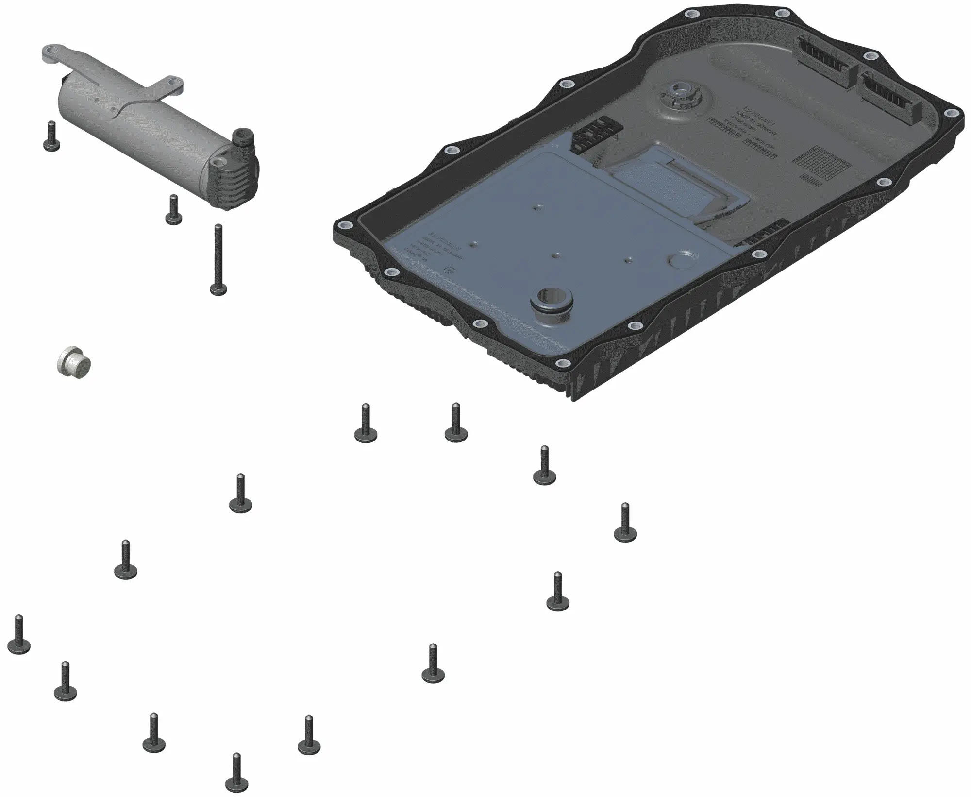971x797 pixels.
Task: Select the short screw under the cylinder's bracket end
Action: [50, 137]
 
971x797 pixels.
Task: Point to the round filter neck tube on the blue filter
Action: [551, 303]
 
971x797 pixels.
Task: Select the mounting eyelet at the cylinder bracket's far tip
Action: [52, 52]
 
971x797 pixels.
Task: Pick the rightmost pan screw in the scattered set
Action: [625, 524]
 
